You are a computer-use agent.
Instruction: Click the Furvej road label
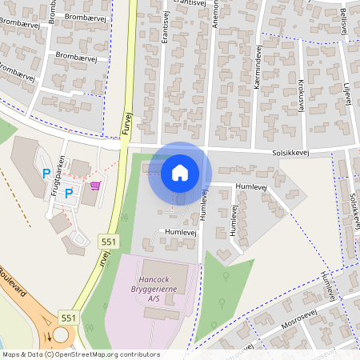[x=126, y=122]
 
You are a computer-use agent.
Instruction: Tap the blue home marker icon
[x=180, y=172]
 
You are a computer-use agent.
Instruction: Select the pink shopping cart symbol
[x=96, y=186]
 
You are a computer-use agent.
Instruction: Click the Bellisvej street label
[x=343, y=19]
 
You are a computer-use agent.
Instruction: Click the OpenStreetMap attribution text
[x=104, y=354]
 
